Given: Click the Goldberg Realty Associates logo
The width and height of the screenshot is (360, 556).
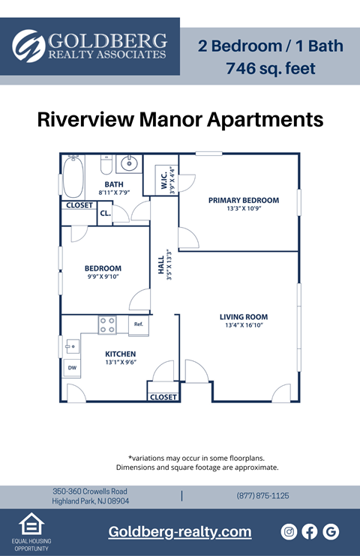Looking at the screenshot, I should click(90, 46).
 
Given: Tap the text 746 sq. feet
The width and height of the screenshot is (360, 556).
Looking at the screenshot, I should click(270, 69).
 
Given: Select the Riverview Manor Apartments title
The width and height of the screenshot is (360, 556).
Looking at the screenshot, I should click(180, 120).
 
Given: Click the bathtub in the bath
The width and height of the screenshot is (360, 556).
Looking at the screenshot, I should click(72, 177).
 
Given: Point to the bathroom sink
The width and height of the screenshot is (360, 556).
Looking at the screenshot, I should click(128, 163).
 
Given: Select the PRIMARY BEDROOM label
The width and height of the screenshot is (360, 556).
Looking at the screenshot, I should click(243, 200).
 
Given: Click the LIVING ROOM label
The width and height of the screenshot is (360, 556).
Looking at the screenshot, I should click(243, 317).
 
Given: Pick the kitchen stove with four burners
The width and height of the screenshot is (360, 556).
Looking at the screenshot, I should click(108, 325).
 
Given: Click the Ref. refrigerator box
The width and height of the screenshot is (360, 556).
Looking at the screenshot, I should click(139, 324).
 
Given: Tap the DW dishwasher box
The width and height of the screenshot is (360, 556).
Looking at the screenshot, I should click(72, 368).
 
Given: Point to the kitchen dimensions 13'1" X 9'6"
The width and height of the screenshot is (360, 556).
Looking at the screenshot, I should click(120, 363).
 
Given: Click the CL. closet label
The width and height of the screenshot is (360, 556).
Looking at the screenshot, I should click(105, 214).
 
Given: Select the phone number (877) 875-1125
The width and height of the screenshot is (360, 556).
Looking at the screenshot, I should click(262, 496).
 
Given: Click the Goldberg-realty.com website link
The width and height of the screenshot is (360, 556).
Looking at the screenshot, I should click(180, 532).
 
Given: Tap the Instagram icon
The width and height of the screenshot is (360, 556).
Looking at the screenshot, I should click(289, 532).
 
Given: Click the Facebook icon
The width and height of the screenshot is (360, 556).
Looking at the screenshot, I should click(310, 532).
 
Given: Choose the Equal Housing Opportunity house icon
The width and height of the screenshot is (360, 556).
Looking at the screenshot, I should click(31, 524).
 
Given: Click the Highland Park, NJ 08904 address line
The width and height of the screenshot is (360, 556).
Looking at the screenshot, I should click(91, 501).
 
